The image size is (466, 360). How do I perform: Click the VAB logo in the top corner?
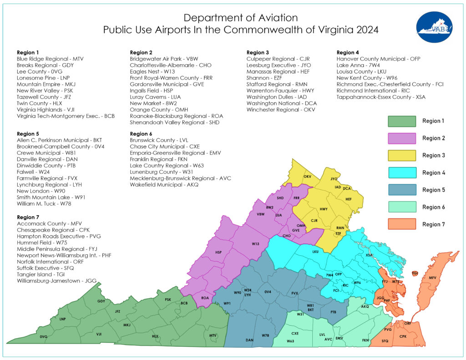pos(434,27)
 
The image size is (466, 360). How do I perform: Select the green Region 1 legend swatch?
pos(402,121)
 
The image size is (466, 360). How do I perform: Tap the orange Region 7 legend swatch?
pos(402,224)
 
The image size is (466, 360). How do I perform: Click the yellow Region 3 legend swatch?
pos(402,155)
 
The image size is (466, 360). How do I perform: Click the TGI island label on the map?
pos(415,273)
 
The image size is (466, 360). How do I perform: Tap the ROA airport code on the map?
pos(205,298)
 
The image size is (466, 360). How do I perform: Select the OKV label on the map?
pos(307,176)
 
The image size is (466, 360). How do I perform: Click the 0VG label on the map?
pos(44,336)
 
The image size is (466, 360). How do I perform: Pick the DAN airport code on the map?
pos(249,340)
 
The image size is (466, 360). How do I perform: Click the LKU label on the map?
pos(315,251)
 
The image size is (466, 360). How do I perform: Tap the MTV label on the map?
pos(213,335)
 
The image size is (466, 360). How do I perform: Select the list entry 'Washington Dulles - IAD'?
pos(276,97)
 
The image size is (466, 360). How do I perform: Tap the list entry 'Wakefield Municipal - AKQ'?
pos(164,185)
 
